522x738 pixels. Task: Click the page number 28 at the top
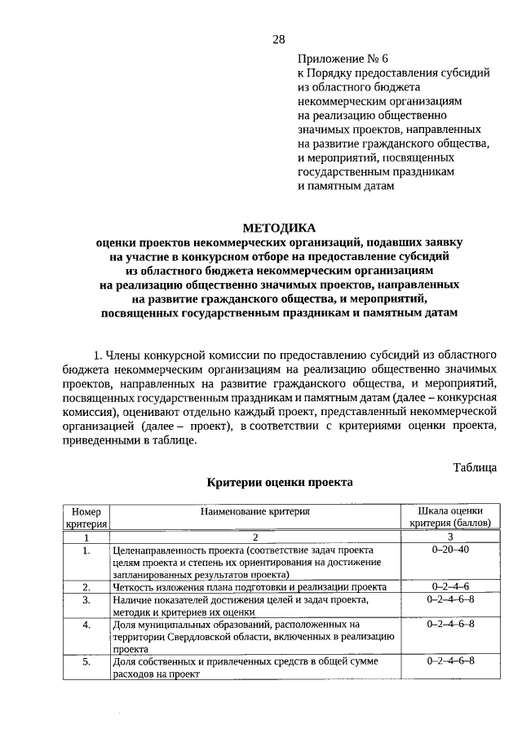(x=278, y=40)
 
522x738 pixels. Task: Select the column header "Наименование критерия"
(x=255, y=511)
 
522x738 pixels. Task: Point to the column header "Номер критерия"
(x=86, y=517)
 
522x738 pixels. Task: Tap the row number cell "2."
(x=86, y=586)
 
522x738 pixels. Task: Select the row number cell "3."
(x=86, y=599)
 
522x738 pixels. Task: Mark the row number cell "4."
(x=86, y=625)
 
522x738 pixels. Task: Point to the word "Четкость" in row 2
(x=133, y=586)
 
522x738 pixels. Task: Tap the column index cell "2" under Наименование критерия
(x=255, y=537)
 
